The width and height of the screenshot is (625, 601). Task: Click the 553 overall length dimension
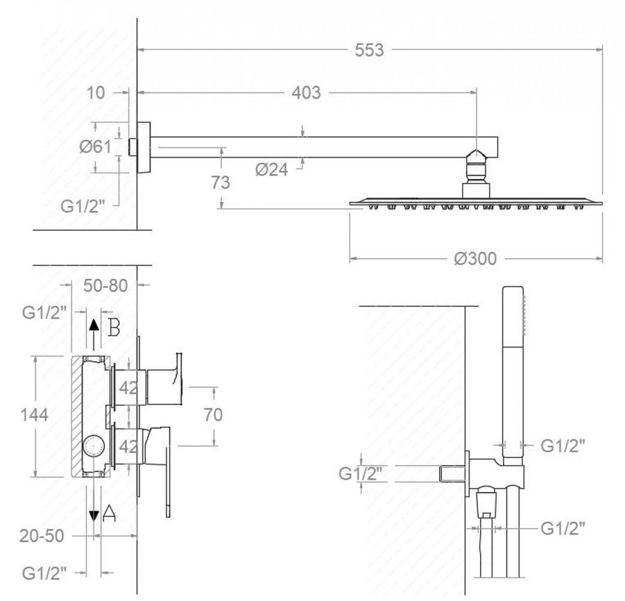pos(369,50)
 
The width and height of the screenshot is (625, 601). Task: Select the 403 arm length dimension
pos(306,93)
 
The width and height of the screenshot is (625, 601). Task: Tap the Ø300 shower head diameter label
pos(475,258)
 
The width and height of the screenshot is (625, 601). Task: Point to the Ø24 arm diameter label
pos(272,169)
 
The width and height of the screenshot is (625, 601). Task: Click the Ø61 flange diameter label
pos(96,147)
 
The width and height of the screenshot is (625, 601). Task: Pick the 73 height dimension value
pos(221,183)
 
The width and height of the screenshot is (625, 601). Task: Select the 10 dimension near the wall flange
pos(96,93)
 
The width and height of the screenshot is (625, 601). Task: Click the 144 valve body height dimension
pos(34,415)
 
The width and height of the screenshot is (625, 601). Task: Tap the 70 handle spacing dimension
pos(213,415)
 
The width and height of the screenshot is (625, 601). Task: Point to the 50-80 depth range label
pos(106,285)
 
